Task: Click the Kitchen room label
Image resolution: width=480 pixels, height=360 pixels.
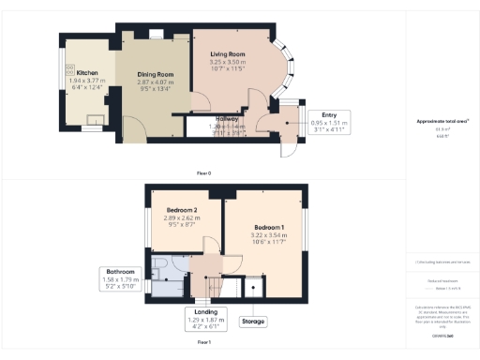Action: [x=87, y=72]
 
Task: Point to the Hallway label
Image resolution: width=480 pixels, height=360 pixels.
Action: [x=224, y=120]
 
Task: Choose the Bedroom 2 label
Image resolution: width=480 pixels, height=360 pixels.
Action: [x=182, y=210]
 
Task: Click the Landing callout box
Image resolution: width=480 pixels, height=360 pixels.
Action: [x=206, y=318]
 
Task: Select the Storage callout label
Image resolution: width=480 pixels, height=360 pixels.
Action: [x=253, y=322]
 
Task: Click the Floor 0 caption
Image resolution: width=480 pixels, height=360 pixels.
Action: [x=203, y=173]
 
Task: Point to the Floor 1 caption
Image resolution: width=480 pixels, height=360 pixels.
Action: [x=203, y=343]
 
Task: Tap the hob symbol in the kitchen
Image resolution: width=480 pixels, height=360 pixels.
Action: [x=96, y=119]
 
